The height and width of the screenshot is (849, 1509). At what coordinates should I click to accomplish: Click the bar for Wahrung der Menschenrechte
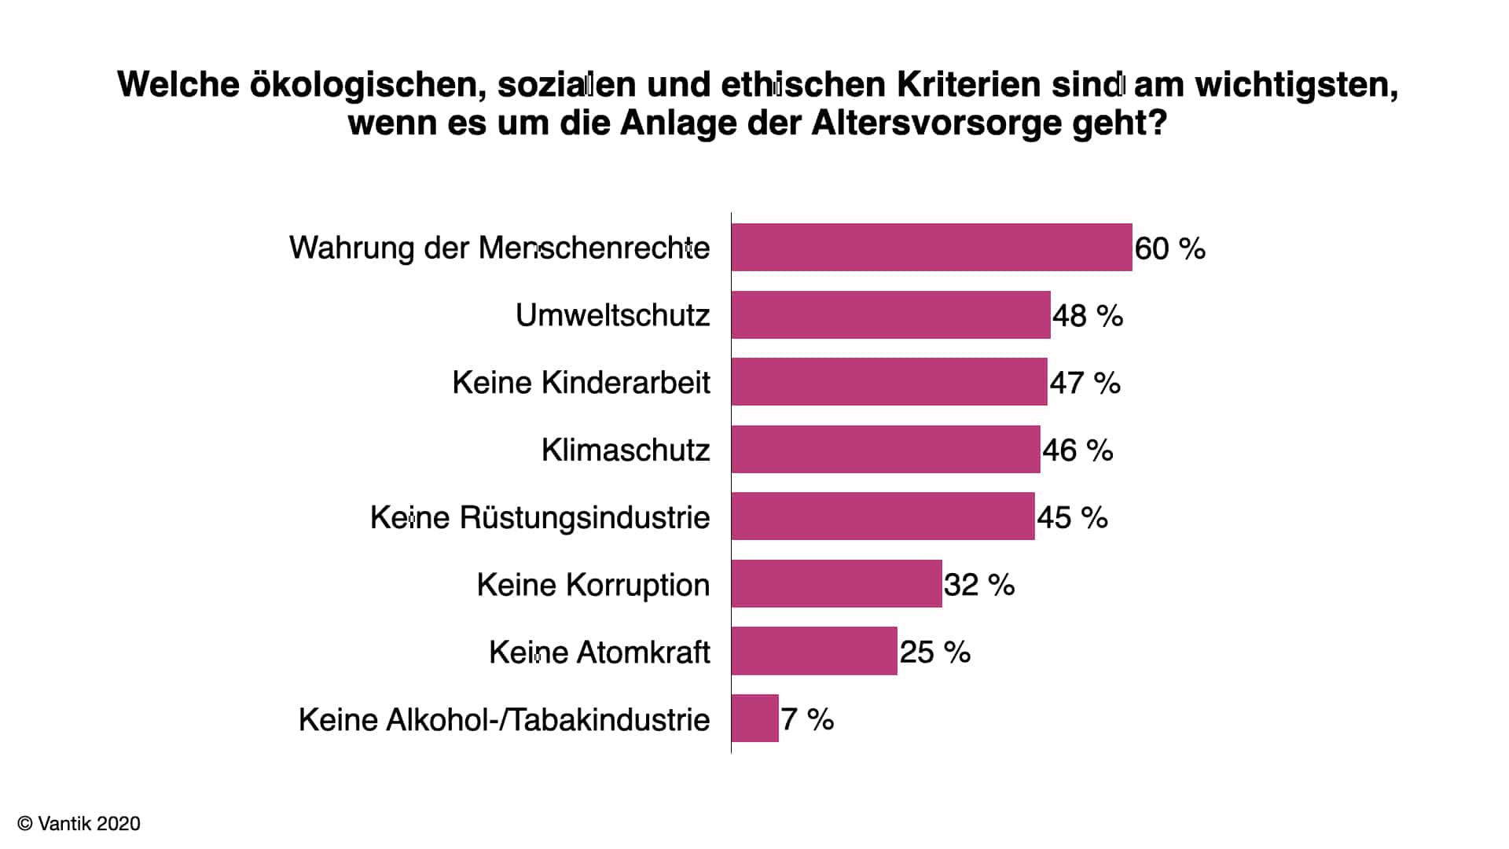point(932,248)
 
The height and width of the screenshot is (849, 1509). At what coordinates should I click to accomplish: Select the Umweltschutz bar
point(891,315)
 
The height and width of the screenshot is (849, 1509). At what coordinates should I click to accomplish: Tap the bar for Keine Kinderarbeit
point(890,382)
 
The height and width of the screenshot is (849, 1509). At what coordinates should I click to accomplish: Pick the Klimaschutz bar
point(886,450)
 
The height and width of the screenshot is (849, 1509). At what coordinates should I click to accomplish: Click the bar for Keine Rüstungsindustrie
point(883,516)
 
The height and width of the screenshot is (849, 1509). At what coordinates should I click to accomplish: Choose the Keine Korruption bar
point(837,584)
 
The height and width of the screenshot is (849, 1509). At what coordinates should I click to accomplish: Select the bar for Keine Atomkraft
point(814,651)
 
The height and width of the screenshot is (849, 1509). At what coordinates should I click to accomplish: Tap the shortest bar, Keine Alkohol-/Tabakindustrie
point(755,719)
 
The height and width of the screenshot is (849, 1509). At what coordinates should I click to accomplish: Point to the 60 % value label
point(1170,249)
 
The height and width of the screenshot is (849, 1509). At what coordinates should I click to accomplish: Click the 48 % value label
point(1088,316)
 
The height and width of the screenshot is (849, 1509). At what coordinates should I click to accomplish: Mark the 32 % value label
point(979,585)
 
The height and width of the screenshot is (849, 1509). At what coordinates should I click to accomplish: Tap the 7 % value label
point(807,719)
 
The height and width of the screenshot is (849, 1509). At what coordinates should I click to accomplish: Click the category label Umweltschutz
point(613,315)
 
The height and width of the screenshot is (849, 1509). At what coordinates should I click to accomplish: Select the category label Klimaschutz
point(626,450)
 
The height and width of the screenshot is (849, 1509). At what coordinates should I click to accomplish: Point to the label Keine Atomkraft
point(600,652)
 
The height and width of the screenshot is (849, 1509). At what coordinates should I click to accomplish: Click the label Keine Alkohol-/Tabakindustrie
point(505,720)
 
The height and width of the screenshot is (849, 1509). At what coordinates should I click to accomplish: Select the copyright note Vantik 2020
point(79,823)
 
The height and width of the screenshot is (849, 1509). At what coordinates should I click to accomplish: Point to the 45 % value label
point(1072,518)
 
